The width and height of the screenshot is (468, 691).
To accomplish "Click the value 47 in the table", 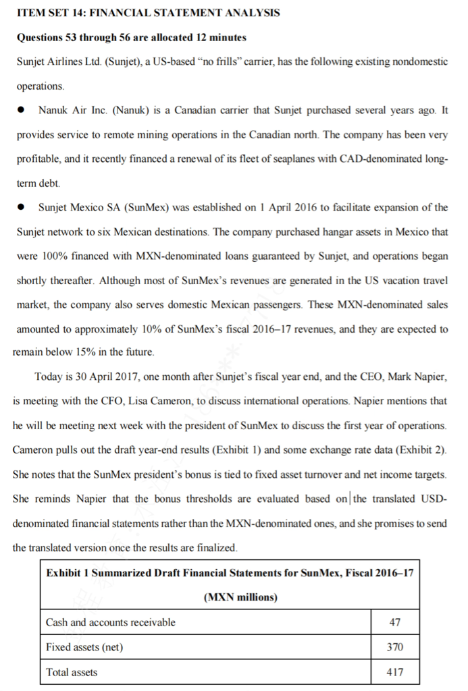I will coord(395,622).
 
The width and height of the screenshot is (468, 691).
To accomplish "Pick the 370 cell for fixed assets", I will coord(395,647).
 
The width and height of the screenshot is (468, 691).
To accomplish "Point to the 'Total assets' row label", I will coord(72,672).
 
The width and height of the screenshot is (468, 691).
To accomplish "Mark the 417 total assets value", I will coord(395,672).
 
